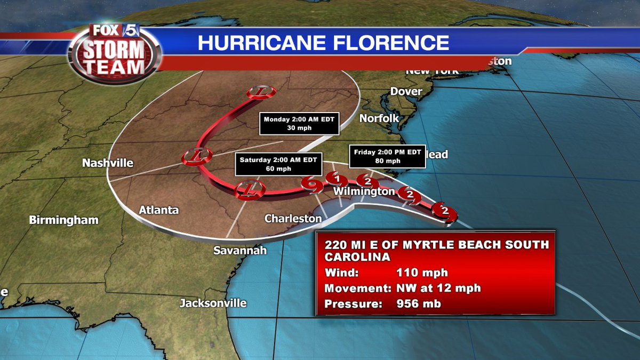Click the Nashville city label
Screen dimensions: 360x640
[108, 163]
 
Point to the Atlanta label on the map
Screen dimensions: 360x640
[158, 210]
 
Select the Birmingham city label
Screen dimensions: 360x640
[64, 219]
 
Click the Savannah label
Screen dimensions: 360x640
[239, 250]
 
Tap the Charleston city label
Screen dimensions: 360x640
[293, 218]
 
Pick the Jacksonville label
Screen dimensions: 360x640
[213, 303]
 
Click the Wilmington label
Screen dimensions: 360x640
[364, 191]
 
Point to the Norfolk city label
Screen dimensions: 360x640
[379, 118]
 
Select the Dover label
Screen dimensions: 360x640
[406, 91]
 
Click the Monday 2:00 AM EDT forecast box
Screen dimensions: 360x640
[299, 124]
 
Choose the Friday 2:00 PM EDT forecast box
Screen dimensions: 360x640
[387, 156]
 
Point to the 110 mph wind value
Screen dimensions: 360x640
[421, 273]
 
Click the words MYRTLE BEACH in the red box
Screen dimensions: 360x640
[466, 245]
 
